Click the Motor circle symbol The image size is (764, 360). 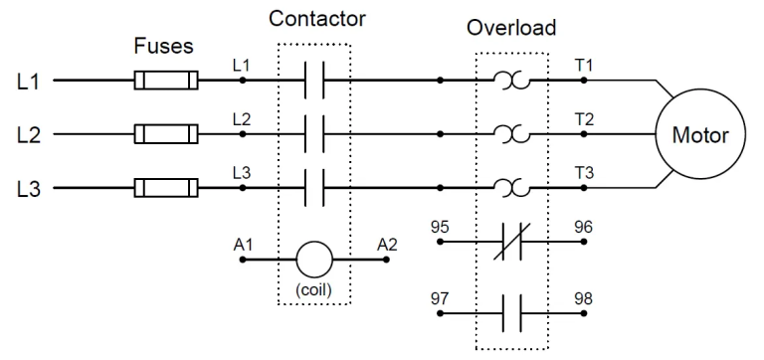click(x=700, y=134)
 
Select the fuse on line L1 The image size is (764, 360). click(x=166, y=81)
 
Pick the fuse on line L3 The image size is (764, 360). click(x=166, y=186)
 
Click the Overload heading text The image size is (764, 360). click(x=511, y=27)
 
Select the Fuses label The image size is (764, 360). click(x=163, y=47)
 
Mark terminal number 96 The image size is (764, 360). click(x=583, y=227)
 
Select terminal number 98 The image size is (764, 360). click(x=583, y=297)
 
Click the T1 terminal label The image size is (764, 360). click(x=584, y=65)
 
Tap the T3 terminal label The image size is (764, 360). click(x=584, y=171)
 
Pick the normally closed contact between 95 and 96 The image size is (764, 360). click(x=512, y=242)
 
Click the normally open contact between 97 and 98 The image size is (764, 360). click(x=512, y=312)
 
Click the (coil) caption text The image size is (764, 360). click(x=313, y=292)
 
